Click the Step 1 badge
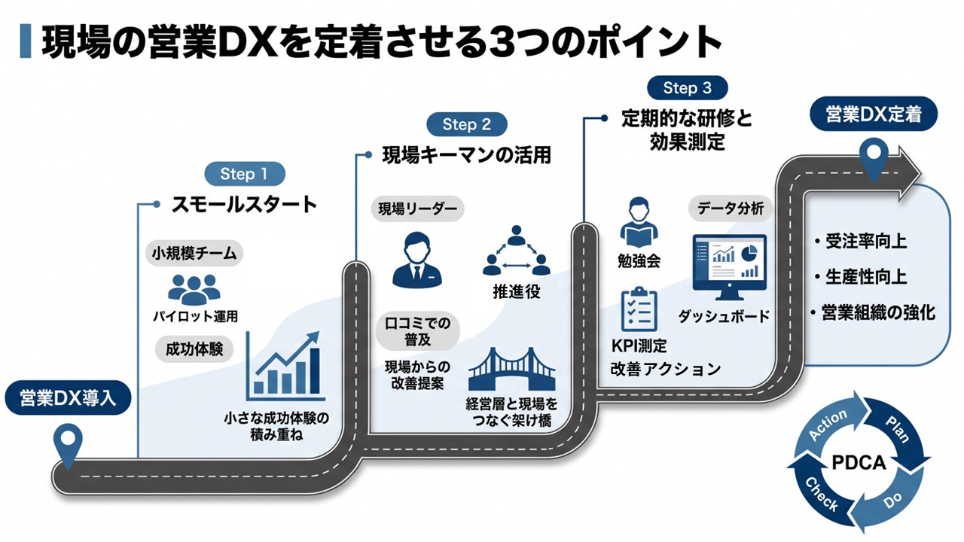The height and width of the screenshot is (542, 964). pos(245,174)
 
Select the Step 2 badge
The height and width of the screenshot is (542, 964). pos(466,124)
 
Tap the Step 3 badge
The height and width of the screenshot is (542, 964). pos(688,88)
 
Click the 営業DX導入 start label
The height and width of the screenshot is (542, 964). pos(68,398)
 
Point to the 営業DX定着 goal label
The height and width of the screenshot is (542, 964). pos(874,114)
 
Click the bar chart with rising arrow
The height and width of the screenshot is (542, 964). pos(285,366)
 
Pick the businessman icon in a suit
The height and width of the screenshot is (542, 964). pos(417,260)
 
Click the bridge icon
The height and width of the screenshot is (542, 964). pos(511,369)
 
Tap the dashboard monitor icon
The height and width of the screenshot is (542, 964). pos(729,267)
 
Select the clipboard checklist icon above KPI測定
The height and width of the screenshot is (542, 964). pos(639,309)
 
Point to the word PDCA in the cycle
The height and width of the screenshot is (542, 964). pos(859,463)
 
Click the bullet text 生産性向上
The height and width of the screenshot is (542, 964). pos(866,276)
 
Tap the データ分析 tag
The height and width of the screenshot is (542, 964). pos(731,209)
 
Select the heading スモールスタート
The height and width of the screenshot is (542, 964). pos(245,204)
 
